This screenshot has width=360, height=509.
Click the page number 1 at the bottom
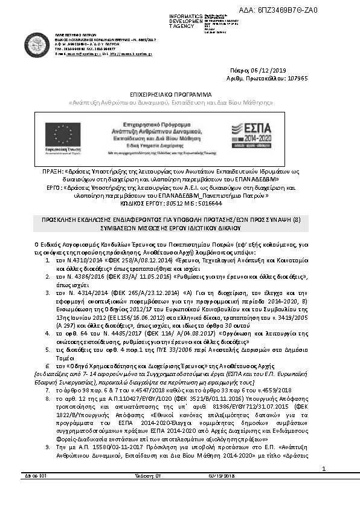[324, 485]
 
